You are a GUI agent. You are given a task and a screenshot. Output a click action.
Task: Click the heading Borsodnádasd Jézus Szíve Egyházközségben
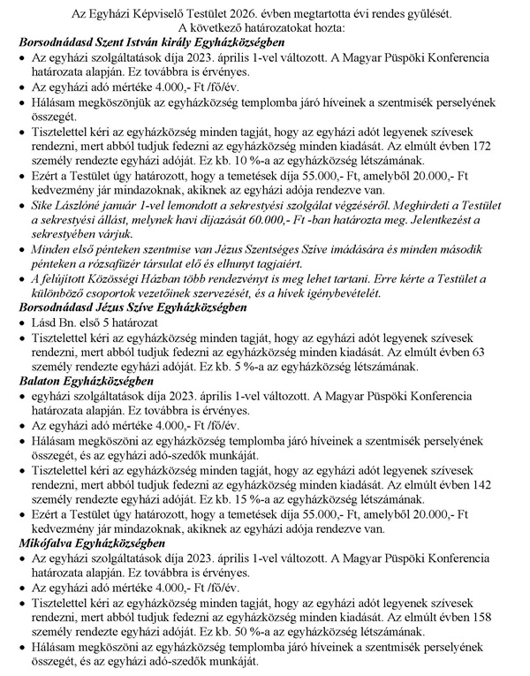(x=132, y=307)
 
